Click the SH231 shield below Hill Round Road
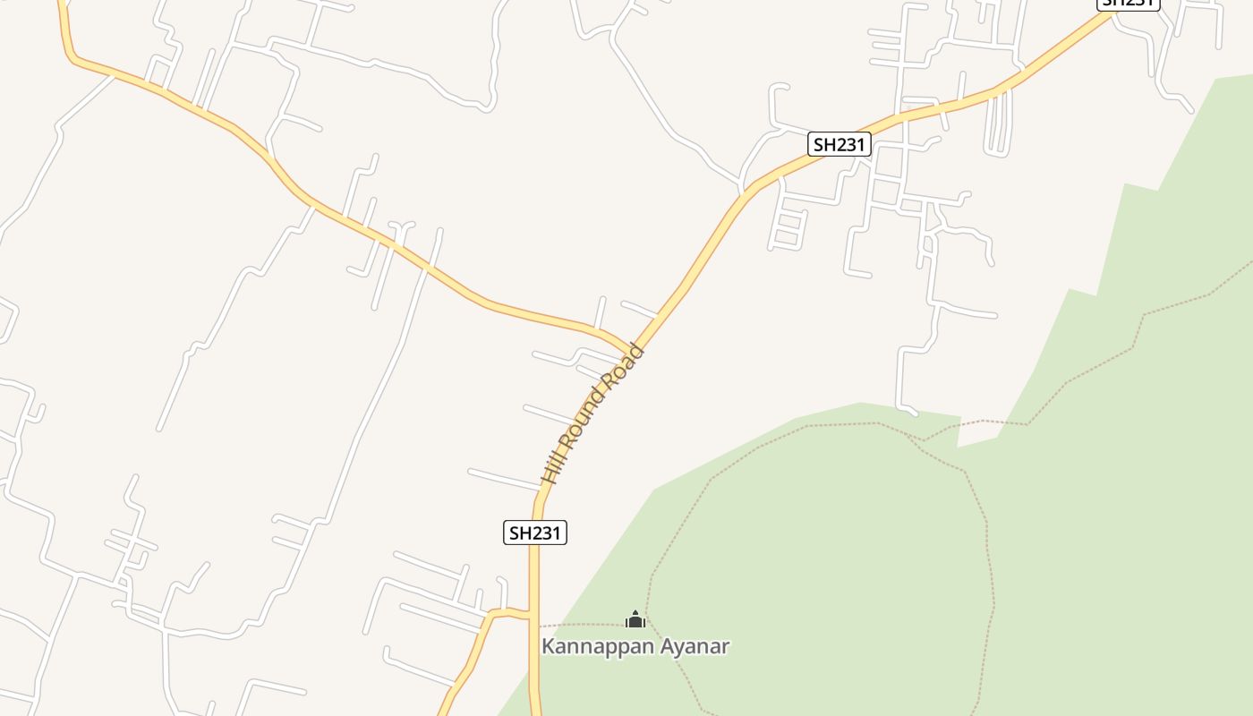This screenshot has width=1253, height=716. pyautogui.click(x=534, y=533)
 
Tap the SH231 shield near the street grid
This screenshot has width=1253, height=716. pyautogui.click(x=839, y=144)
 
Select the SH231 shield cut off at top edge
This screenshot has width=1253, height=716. pyautogui.click(x=1128, y=4)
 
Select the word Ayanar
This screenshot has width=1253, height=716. pyautogui.click(x=695, y=646)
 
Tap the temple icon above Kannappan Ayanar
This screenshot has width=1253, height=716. pyautogui.click(x=635, y=618)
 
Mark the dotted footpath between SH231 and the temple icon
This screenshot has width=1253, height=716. pyautogui.click(x=582, y=625)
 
